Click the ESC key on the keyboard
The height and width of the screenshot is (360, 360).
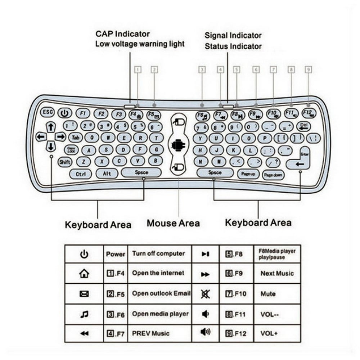pos(47,112)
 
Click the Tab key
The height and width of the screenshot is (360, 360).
pos(75,137)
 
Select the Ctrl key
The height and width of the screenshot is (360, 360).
pos(81,174)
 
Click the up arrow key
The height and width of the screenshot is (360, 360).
pos(51,127)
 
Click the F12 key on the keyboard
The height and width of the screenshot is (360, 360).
pos(309,113)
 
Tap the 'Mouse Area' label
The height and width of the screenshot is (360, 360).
pos(173,223)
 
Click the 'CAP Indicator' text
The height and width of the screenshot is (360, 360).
pos(122,34)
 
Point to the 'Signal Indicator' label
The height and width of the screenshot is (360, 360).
pos(233,35)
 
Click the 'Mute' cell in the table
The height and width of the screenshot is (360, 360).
pos(268,294)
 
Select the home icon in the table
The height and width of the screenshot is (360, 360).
pos(84,274)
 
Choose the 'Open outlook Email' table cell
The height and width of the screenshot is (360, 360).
pos(161,293)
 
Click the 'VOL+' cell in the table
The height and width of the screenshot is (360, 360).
pos(268,334)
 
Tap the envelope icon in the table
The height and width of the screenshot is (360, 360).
pos(84,294)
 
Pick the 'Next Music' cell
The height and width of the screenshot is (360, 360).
pos(277,274)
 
